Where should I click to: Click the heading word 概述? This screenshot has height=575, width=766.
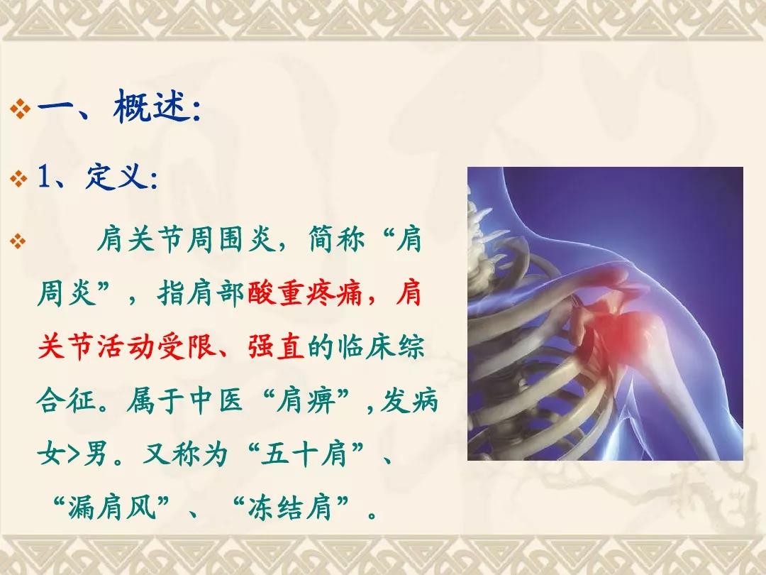[152, 106]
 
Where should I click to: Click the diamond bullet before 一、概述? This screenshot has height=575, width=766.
[20, 109]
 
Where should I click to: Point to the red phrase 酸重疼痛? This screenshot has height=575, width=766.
[305, 293]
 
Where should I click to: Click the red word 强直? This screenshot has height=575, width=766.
[277, 346]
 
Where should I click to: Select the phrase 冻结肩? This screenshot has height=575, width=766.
[290, 508]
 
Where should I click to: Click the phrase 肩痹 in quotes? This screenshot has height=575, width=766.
[306, 400]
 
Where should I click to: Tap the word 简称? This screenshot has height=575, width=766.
[337, 240]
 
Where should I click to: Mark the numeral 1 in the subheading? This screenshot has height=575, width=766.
[44, 176]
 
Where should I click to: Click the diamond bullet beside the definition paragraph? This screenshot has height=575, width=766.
[18, 241]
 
